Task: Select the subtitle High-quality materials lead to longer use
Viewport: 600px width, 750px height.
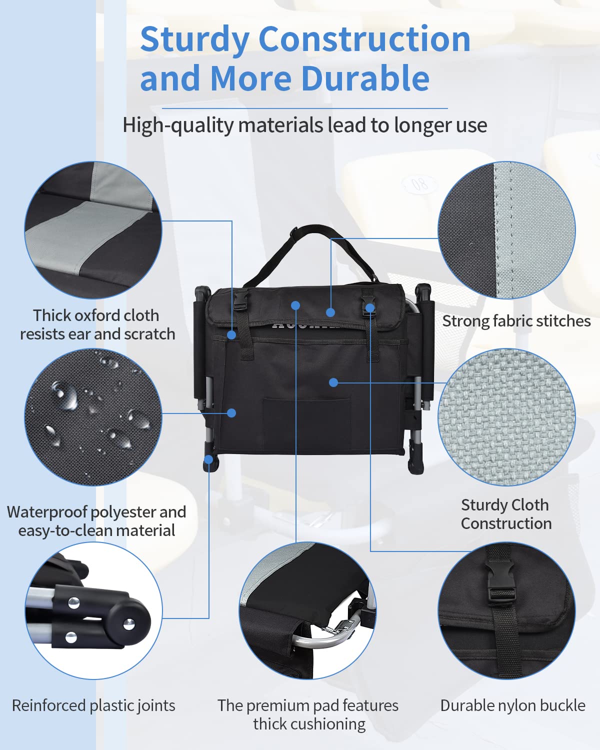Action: pos(304,125)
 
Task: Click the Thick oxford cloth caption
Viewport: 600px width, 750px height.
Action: pos(97,324)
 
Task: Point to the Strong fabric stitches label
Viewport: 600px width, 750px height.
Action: pos(516,321)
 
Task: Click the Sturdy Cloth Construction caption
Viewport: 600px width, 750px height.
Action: pos(505,514)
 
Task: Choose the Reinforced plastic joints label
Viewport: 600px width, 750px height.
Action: pos(93,705)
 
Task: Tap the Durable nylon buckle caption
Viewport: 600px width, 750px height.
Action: pos(512,705)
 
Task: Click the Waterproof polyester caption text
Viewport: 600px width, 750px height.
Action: pos(96,521)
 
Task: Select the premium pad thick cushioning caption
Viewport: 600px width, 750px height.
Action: pos(308,714)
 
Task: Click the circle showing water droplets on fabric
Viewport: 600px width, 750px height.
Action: pos(93,417)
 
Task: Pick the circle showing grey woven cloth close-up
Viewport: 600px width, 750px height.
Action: pos(506,417)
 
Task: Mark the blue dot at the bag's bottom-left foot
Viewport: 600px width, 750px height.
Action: pos(208,458)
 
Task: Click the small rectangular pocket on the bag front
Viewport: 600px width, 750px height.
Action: pos(307,417)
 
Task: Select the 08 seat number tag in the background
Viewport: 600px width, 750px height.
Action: pos(419,184)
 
